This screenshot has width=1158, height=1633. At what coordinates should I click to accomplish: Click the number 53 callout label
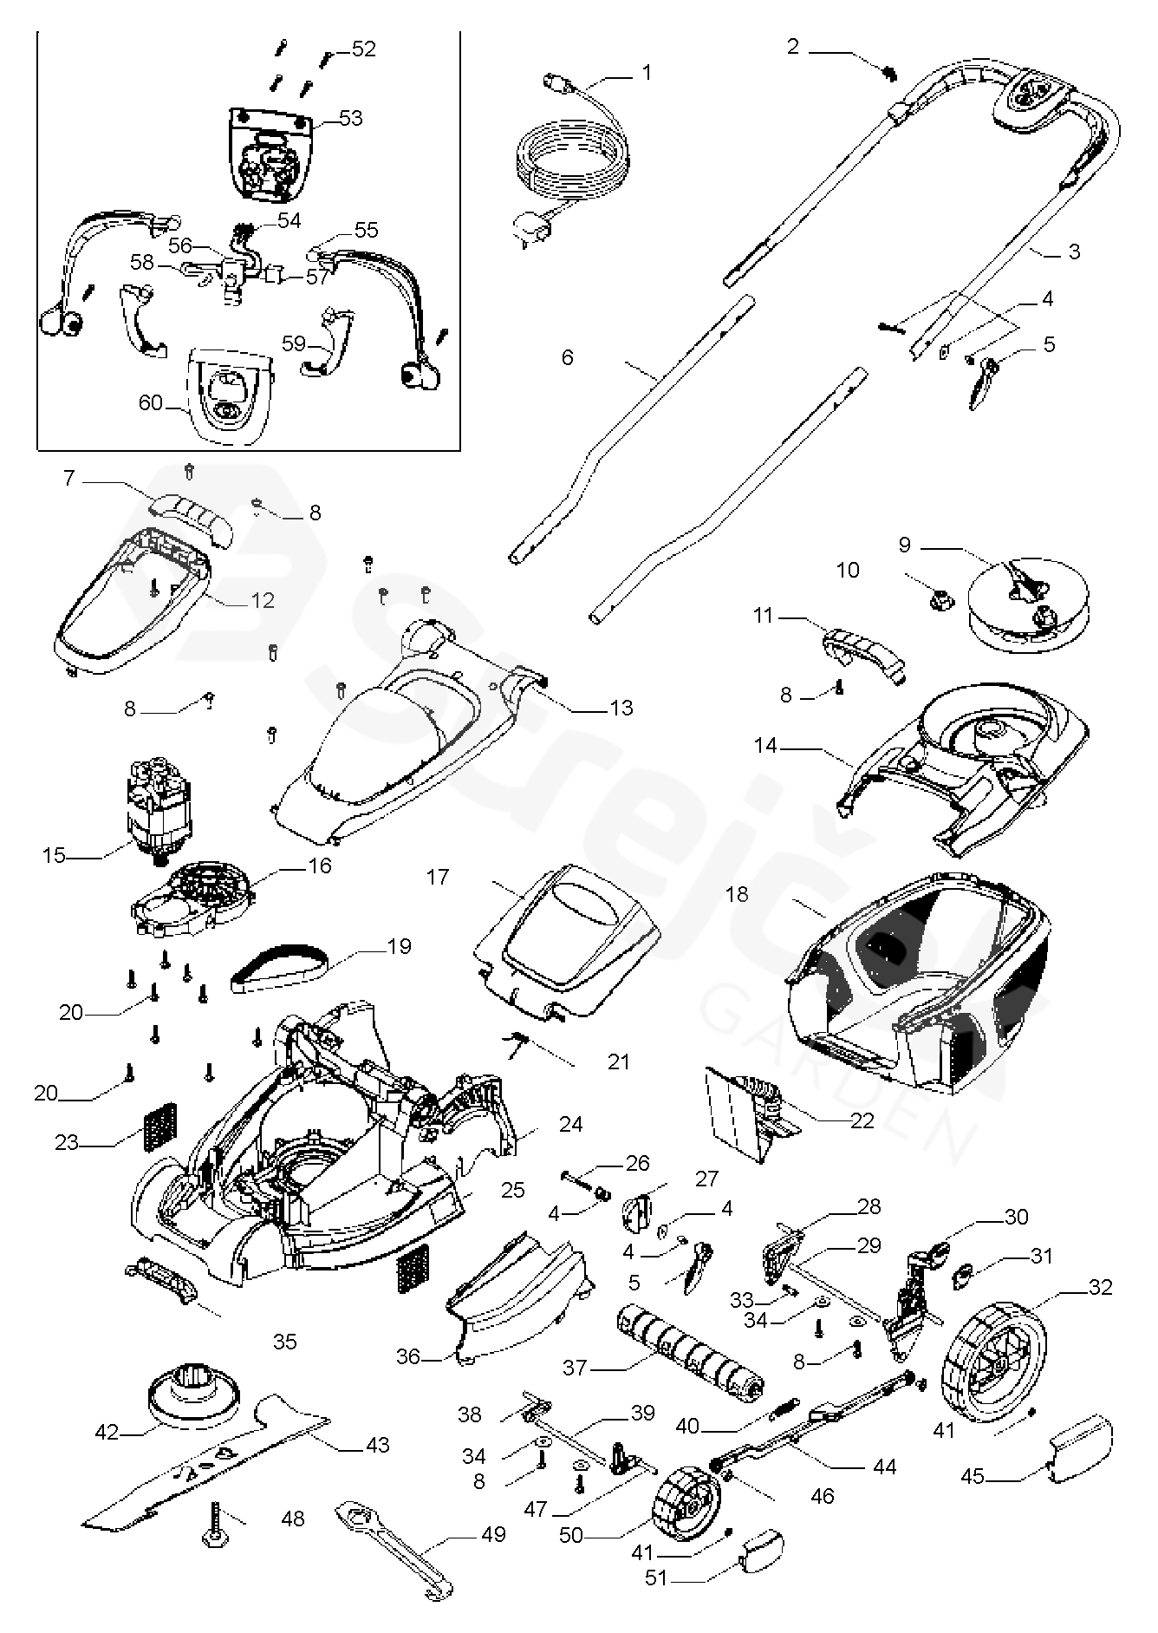(x=350, y=117)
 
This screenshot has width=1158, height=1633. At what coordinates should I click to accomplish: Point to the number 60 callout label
(x=151, y=403)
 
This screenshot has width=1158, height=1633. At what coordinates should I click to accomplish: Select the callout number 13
(x=621, y=708)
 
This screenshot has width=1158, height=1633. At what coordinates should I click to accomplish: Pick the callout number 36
(x=407, y=1356)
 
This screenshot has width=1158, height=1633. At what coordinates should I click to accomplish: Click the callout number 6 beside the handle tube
(x=568, y=357)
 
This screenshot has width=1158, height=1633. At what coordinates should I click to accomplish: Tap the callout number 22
(x=862, y=1120)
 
